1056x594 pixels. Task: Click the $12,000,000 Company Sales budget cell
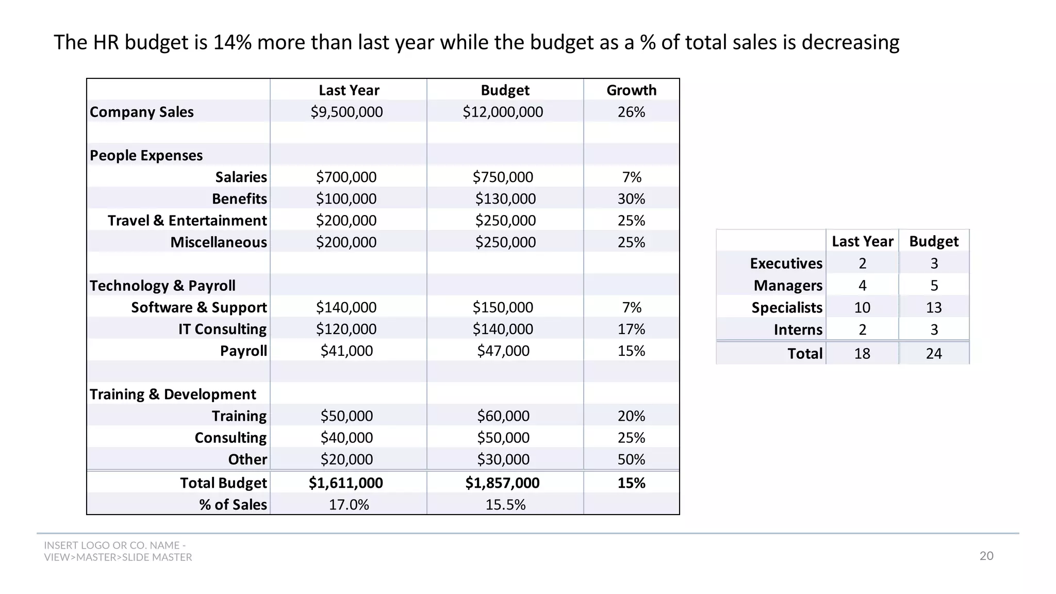coord(503,112)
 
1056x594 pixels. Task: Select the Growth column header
coord(631,90)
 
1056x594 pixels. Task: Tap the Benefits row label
coord(239,199)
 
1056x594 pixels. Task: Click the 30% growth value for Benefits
coord(631,199)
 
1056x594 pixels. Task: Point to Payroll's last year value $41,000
coord(346,351)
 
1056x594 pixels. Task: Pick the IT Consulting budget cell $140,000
coord(503,329)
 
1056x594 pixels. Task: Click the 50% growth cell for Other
coord(631,459)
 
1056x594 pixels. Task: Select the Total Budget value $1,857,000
coord(502,483)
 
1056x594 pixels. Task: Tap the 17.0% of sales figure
coord(349,505)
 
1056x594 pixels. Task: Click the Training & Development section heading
coord(173,394)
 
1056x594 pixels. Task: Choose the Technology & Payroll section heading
coord(162,286)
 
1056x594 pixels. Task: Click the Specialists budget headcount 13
coord(934,308)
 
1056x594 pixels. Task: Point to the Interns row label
coord(798,330)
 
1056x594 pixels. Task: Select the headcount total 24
coord(934,354)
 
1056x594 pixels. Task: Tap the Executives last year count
coord(862,263)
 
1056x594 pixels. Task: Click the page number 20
coord(986,556)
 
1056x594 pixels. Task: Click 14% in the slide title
coord(232,42)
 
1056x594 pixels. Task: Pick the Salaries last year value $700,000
coord(346,177)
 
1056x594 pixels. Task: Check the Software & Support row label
coord(199,307)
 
